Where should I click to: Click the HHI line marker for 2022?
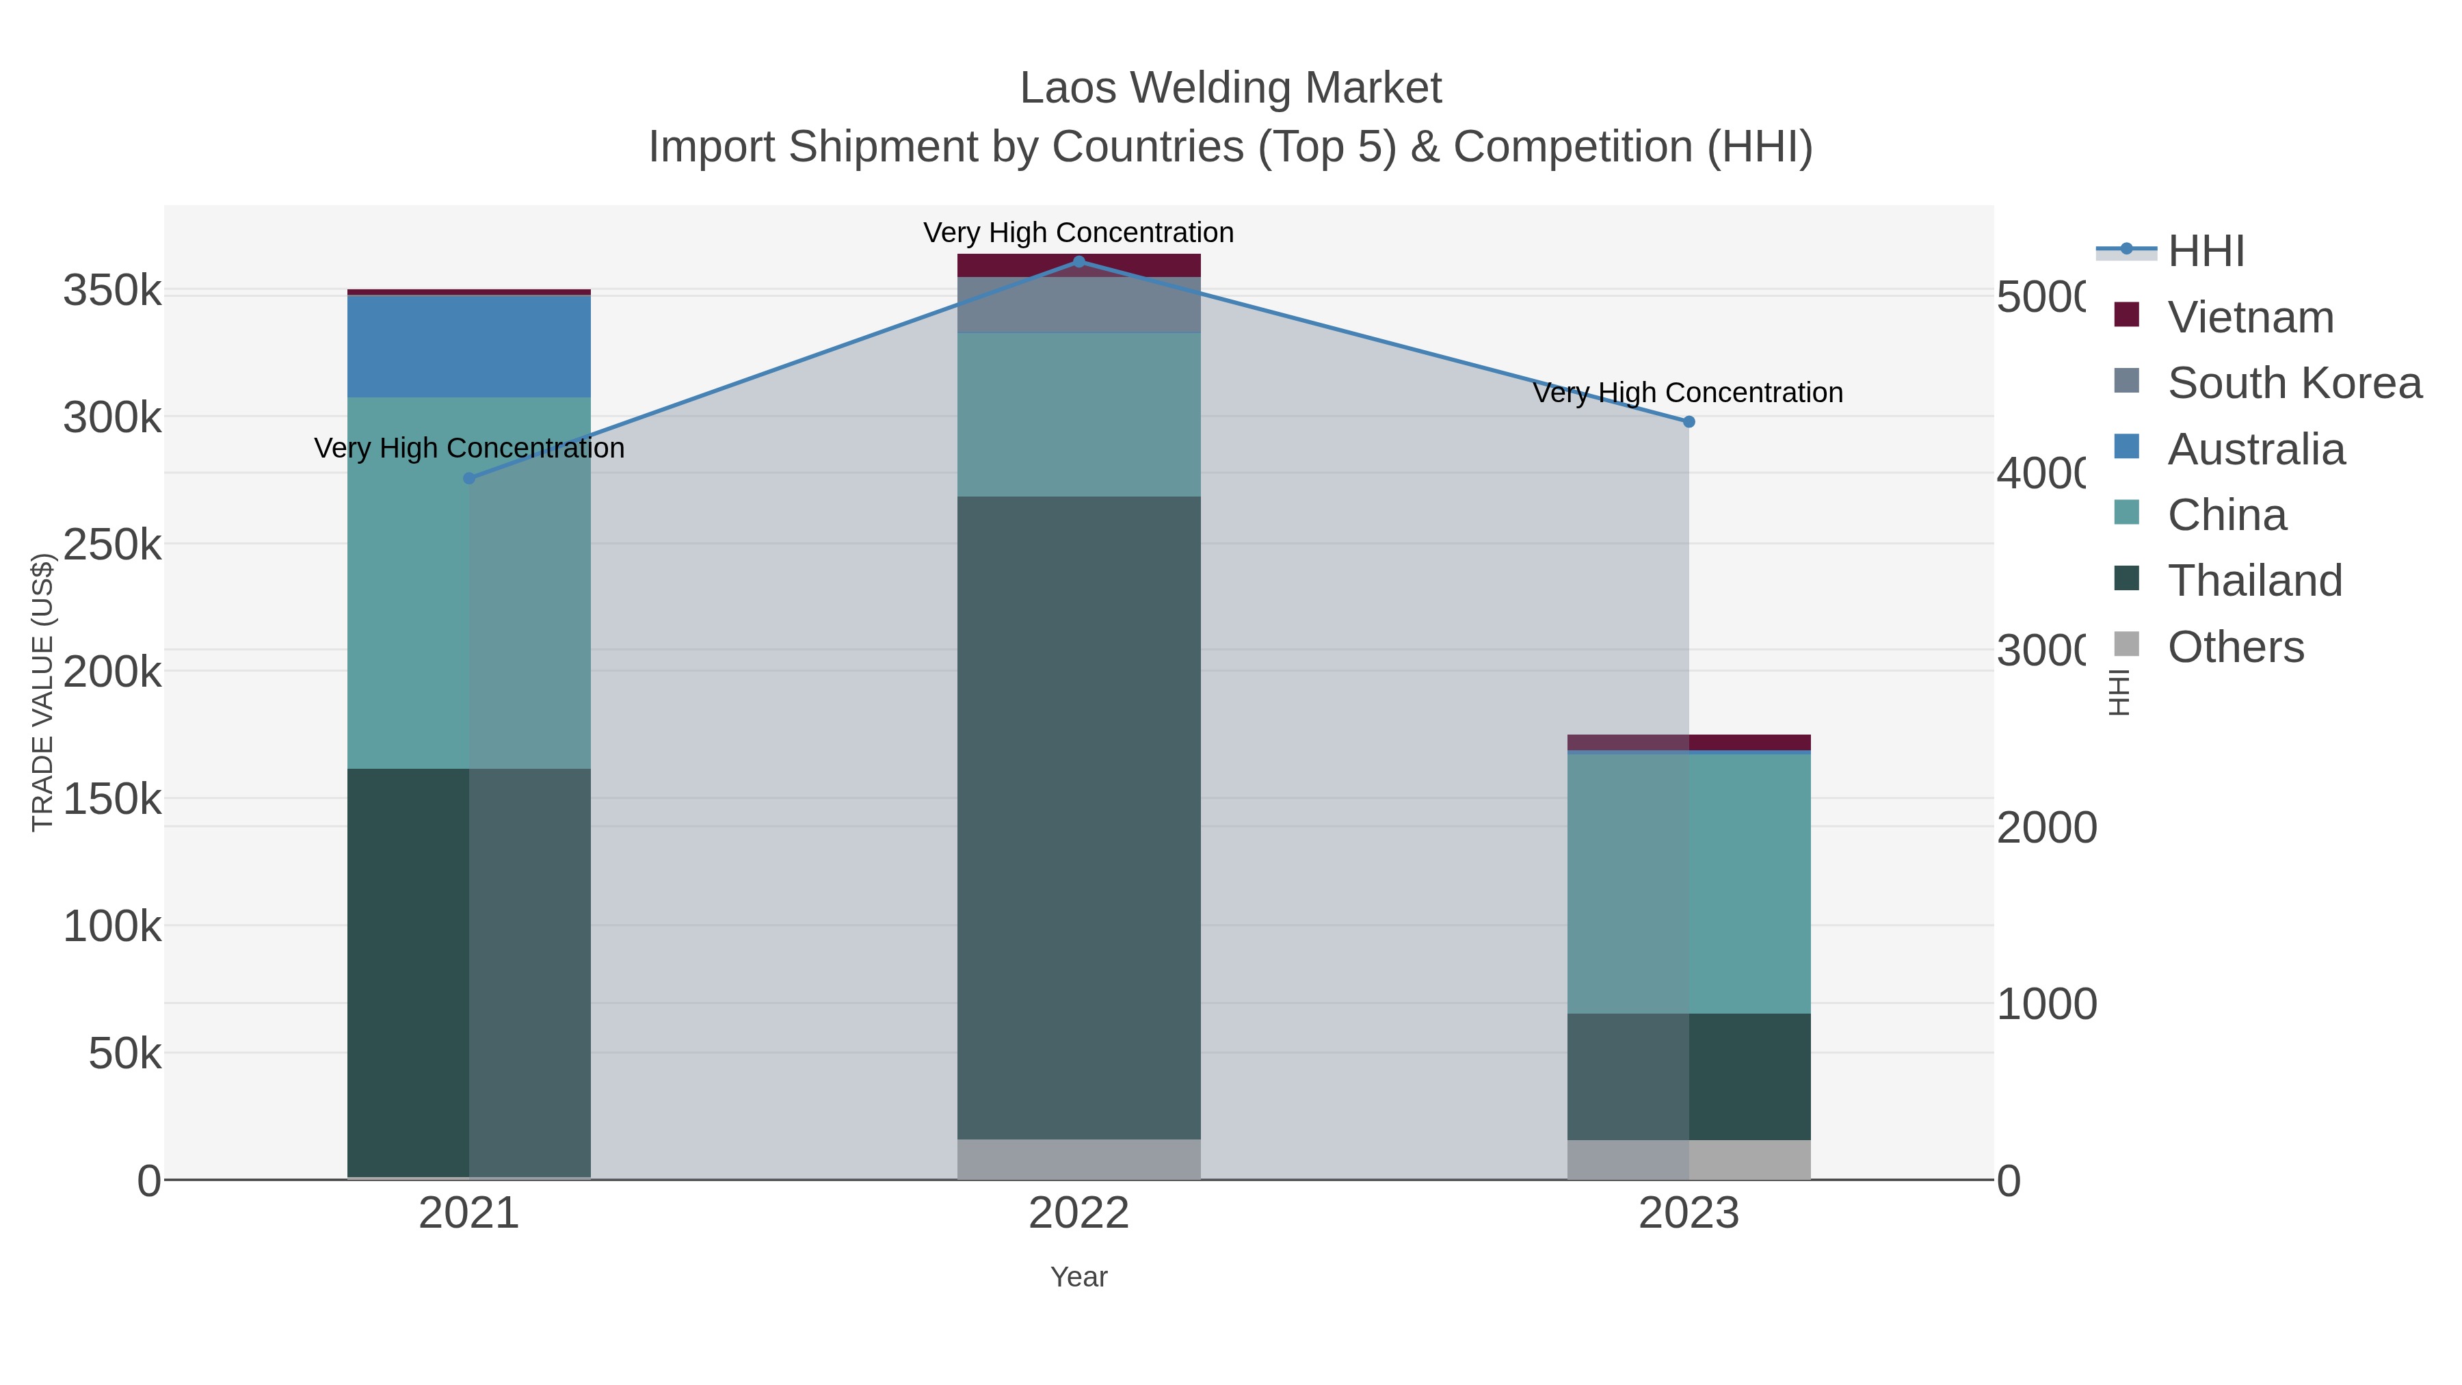click(1079, 262)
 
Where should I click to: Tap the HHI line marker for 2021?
click(469, 478)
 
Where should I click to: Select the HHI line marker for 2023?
click(1689, 421)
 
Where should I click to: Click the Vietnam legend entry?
click(2251, 317)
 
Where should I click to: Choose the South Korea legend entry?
click(2294, 383)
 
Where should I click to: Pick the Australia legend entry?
click(2255, 449)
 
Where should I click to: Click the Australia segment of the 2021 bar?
click(469, 346)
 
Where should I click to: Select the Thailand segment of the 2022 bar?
click(1079, 817)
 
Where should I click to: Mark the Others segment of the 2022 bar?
click(1079, 1159)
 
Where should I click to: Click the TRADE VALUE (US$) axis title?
click(42, 692)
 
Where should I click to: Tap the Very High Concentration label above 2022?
click(1079, 233)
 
